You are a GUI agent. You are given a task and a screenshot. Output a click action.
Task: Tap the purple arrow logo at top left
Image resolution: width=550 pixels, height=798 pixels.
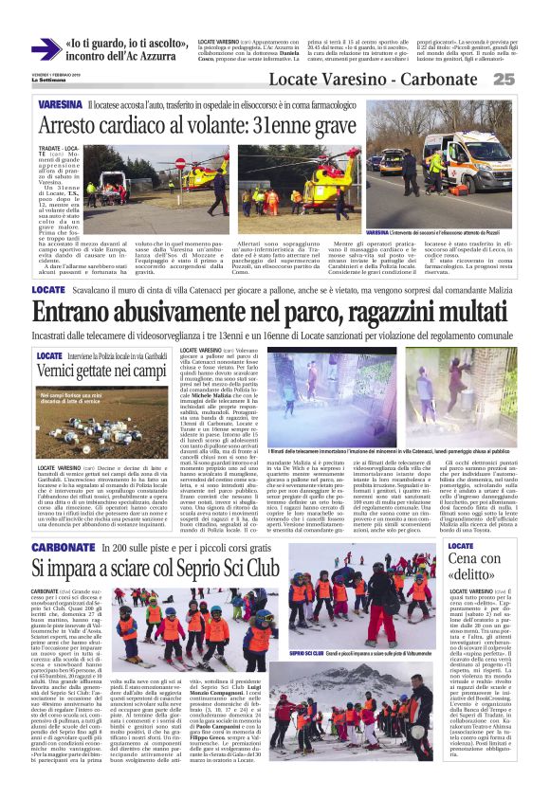pyautogui.click(x=45, y=48)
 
